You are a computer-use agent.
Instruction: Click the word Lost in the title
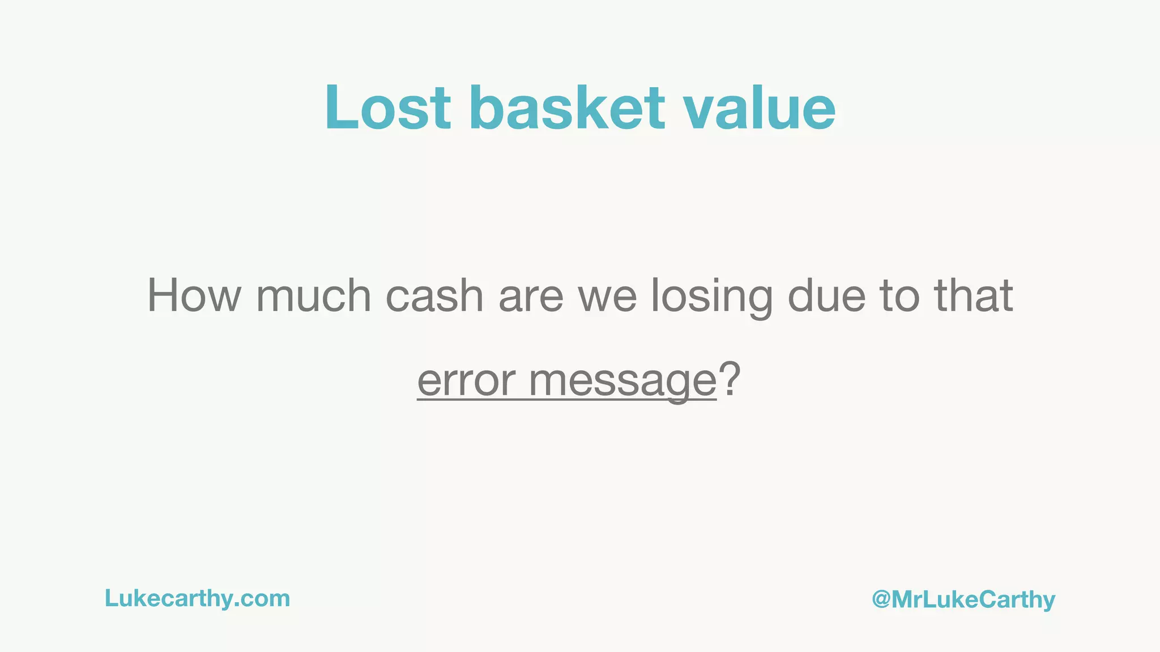click(388, 108)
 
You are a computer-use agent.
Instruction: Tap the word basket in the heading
click(567, 108)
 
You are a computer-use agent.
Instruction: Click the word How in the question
click(194, 295)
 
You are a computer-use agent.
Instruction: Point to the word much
click(313, 295)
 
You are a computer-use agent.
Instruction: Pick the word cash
click(434, 295)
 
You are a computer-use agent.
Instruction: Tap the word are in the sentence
click(531, 295)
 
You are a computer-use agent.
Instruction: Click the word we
click(607, 295)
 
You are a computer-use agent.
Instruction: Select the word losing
click(711, 295)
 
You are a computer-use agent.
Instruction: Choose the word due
click(826, 295)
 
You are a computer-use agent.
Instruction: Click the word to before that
click(899, 295)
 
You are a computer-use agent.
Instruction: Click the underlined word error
click(466, 380)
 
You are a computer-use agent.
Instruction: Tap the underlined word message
click(622, 380)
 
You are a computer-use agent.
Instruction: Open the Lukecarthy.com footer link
click(197, 598)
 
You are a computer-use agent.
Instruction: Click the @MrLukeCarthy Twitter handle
click(963, 599)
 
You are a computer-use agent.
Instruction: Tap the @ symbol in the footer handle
click(881, 599)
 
